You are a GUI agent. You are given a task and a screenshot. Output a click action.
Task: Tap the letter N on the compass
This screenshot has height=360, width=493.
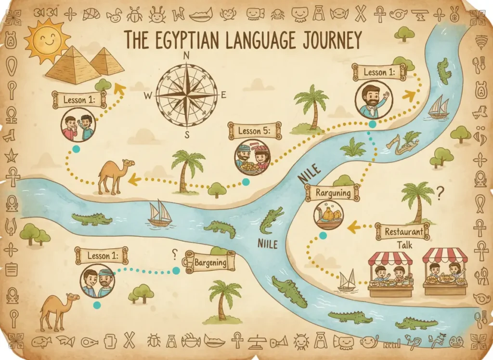click(x=186, y=55)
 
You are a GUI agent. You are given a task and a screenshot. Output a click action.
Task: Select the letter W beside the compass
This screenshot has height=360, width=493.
click(x=148, y=95)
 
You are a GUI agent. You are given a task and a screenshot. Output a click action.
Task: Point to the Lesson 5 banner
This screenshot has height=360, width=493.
click(x=255, y=131)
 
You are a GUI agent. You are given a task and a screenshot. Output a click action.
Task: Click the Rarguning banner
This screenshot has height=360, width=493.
click(x=332, y=193)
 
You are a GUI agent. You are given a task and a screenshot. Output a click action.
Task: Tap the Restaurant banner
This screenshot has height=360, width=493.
click(x=404, y=232)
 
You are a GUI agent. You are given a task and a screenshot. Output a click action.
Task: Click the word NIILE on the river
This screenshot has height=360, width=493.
click(x=268, y=243)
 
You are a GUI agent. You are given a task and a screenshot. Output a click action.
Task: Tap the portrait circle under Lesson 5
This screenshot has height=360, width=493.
click(x=253, y=157)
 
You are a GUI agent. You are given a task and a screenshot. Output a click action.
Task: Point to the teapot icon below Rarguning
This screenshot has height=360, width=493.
click(x=329, y=214)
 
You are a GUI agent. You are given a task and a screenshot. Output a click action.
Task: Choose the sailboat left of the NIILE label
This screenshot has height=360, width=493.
click(x=160, y=213)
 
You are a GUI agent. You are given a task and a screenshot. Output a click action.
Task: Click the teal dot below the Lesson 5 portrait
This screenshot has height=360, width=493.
click(x=246, y=182)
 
